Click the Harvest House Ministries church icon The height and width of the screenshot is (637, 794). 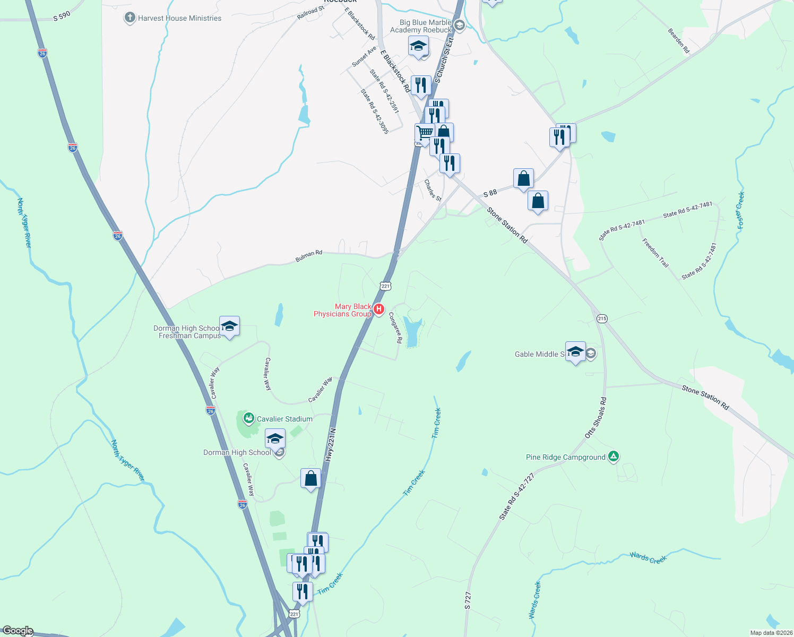130,18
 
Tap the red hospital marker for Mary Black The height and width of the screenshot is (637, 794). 378,309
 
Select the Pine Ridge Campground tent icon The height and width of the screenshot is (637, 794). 614,457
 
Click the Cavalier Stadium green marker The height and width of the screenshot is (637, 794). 248,419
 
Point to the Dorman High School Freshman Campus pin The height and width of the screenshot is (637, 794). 229,327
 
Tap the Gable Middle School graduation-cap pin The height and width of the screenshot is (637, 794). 575,352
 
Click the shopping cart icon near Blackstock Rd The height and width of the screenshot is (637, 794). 424,133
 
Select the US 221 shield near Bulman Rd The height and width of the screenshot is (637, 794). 386,286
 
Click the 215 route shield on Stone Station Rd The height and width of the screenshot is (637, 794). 602,318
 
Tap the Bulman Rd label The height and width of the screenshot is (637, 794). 309,256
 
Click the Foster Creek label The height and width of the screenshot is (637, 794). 741,210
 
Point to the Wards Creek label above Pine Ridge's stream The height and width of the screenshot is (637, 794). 648,557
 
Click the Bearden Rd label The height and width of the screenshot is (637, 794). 678,41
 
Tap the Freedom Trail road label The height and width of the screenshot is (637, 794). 655,252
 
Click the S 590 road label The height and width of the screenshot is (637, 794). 62,16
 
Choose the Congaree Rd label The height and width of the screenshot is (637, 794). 395,327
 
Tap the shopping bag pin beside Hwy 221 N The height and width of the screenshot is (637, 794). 310,479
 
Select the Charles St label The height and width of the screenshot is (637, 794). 433,190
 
